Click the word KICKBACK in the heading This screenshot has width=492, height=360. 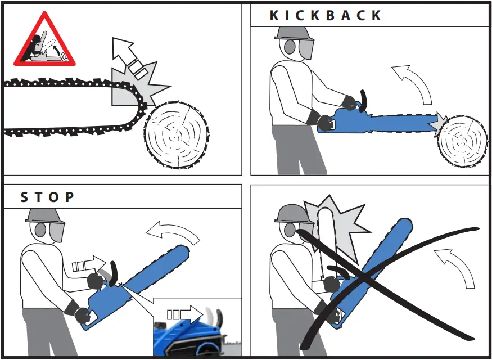[x=326, y=15]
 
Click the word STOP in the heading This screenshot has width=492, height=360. [x=47, y=197]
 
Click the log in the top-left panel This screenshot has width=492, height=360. [x=176, y=134]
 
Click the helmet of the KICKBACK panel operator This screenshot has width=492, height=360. [x=292, y=33]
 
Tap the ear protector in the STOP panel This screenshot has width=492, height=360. [x=40, y=230]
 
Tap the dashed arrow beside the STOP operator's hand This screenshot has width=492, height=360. [x=89, y=264]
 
